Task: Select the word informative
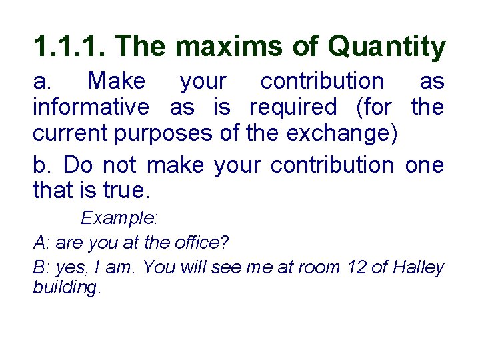click(x=91, y=106)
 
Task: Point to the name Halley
click(x=418, y=267)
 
